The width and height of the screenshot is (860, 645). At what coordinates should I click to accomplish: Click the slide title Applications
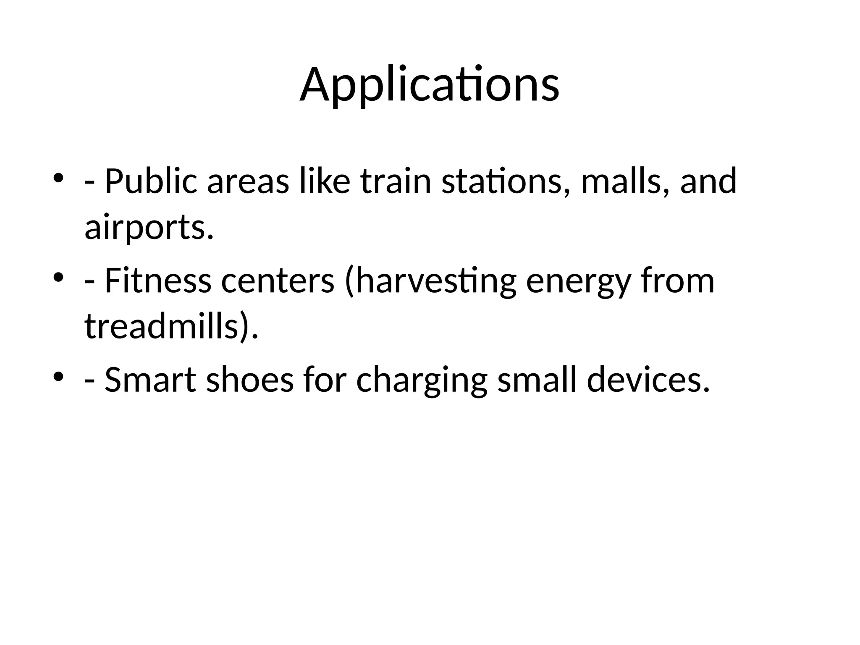(x=429, y=85)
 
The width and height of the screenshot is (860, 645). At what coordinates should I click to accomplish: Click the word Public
(x=150, y=182)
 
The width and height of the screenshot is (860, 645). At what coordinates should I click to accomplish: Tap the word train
(x=396, y=182)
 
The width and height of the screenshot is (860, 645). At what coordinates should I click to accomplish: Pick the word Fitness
(x=157, y=281)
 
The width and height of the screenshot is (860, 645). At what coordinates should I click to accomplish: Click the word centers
(x=278, y=281)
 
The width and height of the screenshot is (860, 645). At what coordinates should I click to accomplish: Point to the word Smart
(x=150, y=380)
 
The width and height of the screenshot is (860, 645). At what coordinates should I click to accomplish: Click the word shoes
(x=249, y=380)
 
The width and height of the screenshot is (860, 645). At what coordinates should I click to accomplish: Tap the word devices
(x=648, y=380)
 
